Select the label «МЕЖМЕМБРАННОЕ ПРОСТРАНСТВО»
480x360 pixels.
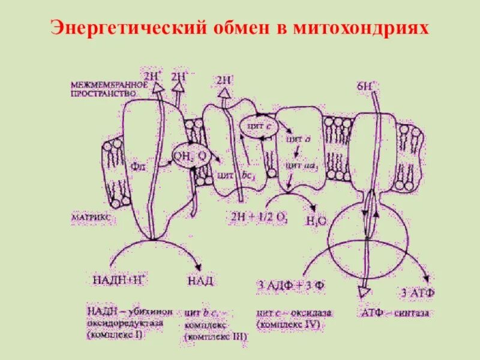(x=103, y=89)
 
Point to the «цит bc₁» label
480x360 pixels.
(x=229, y=176)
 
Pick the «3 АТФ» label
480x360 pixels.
(x=416, y=293)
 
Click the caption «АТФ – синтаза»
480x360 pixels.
(x=395, y=313)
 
